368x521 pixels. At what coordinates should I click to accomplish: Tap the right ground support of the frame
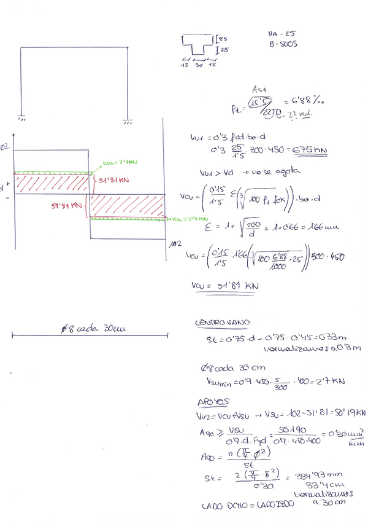[127, 120]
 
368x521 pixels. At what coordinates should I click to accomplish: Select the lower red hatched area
[128, 205]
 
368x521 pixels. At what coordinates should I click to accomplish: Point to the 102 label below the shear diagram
[174, 244]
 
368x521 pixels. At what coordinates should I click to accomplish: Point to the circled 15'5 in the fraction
[262, 102]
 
